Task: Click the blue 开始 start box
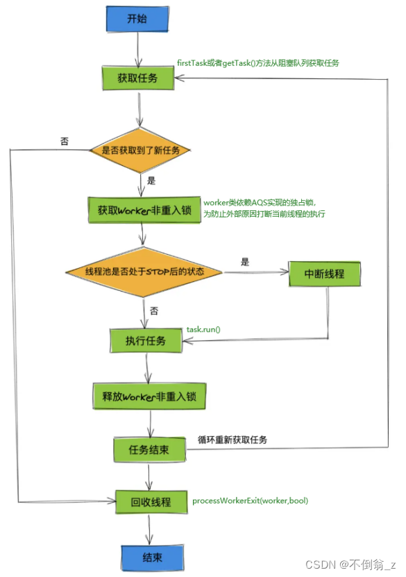coord(137,20)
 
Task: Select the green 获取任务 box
coord(138,78)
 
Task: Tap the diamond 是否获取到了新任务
coord(140,149)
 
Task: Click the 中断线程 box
coord(325,273)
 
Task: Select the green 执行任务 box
coord(146,340)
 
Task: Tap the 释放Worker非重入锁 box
coord(149,396)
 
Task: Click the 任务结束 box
coord(149,450)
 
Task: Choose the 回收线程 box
coord(151,501)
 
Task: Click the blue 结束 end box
coord(151,557)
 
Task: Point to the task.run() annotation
coord(203,328)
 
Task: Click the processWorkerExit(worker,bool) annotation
coord(250,501)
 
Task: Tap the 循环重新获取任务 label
coord(232,440)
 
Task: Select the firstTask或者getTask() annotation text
coord(257,62)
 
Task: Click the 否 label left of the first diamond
coord(65,141)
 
